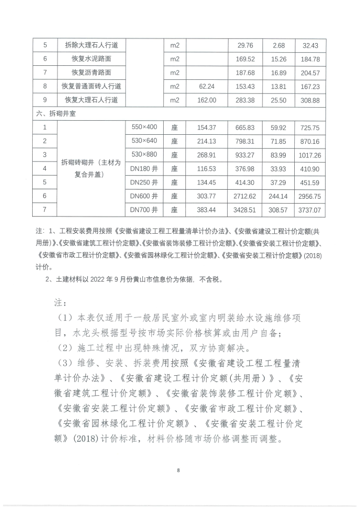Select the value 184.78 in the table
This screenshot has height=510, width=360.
coord(311,59)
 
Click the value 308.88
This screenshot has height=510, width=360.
coord(311,100)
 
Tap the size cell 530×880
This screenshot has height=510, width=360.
coord(143,154)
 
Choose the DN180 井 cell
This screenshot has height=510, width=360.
coord(143,168)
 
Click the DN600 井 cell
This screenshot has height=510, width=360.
coord(143,196)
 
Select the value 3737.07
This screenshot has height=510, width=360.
coord(311,210)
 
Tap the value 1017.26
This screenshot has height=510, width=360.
coord(311,155)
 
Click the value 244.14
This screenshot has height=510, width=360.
coord(279,196)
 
